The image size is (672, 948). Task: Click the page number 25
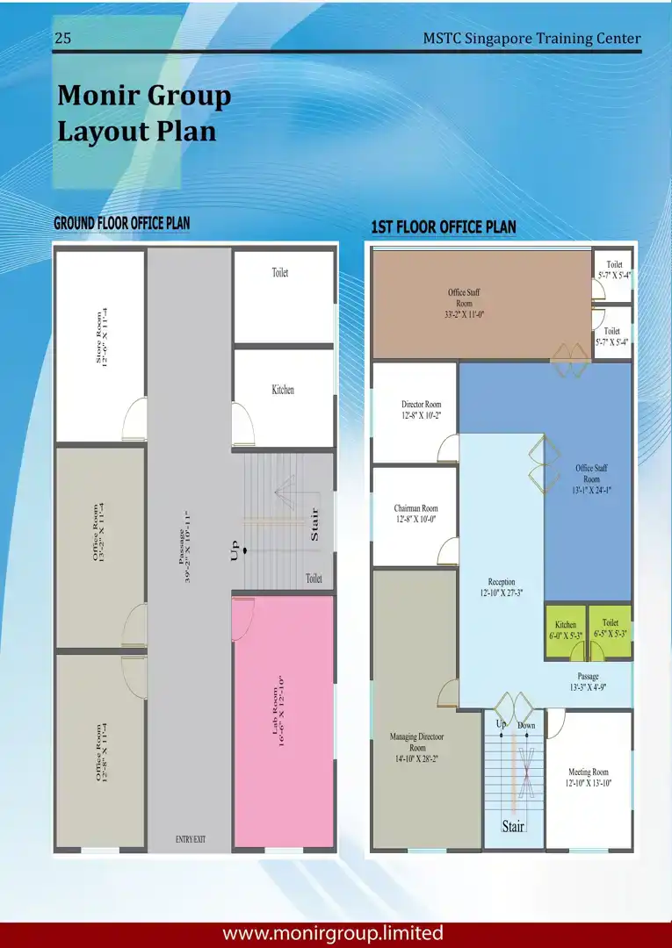(x=63, y=38)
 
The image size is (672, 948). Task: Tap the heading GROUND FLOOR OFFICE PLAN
(x=121, y=223)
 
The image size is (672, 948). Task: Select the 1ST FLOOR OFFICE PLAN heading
(x=444, y=227)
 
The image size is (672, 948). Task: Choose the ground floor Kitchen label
(x=283, y=390)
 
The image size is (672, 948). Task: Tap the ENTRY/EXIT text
(x=191, y=839)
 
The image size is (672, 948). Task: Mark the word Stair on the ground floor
(x=314, y=524)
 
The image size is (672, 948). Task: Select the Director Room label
(x=421, y=410)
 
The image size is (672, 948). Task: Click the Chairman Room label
(x=415, y=513)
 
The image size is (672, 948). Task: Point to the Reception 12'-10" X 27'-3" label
(x=502, y=587)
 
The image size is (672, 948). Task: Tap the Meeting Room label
(x=588, y=778)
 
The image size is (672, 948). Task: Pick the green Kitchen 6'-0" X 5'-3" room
(x=566, y=631)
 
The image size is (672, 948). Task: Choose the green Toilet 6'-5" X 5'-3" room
(x=611, y=630)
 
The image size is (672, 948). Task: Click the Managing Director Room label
(x=416, y=747)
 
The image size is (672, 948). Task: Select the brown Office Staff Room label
(x=464, y=303)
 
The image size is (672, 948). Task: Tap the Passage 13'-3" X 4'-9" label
(x=588, y=681)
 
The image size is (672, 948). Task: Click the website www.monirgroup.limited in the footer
(x=333, y=933)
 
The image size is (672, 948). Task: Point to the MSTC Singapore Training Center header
(x=531, y=38)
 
